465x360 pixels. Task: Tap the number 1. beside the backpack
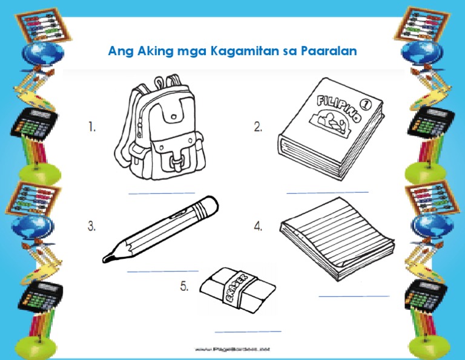coord(92,127)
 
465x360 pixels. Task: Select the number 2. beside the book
coord(259,127)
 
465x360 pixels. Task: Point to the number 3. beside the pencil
coord(92,226)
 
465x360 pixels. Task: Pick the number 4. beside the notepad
coord(259,226)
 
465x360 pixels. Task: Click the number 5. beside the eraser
coord(184,287)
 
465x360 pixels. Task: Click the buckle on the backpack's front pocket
coord(177,161)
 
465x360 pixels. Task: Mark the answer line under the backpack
coord(162,193)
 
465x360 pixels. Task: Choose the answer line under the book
coord(327,192)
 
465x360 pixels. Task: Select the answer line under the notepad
coord(354,296)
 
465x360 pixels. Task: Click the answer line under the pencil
coord(162,271)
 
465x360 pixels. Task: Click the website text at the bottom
coord(232,350)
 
